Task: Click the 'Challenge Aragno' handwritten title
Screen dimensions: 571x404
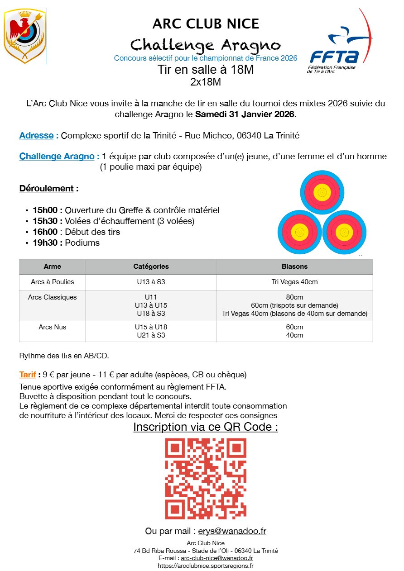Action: click(205, 45)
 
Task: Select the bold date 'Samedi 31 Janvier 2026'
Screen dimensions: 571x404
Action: click(245, 114)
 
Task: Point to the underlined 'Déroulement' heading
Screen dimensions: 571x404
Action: click(46, 188)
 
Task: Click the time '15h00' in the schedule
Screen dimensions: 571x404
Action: click(48, 210)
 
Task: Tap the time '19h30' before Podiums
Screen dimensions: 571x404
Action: click(48, 243)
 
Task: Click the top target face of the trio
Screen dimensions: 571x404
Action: click(322, 192)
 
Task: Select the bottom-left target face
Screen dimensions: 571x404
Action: click(300, 232)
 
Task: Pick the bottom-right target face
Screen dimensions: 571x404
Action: click(344, 232)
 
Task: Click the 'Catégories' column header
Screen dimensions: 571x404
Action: click(151, 266)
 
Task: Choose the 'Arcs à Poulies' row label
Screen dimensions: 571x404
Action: click(52, 282)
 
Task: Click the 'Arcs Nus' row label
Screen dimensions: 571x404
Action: click(52, 327)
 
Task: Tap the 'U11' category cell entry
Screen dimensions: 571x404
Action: click(151, 297)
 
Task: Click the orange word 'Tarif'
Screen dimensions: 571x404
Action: click(28, 375)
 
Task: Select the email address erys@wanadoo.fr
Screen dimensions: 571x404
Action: click(232, 531)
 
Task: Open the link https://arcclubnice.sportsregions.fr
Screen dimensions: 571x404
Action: click(205, 566)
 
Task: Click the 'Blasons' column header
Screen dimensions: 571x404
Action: click(294, 266)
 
